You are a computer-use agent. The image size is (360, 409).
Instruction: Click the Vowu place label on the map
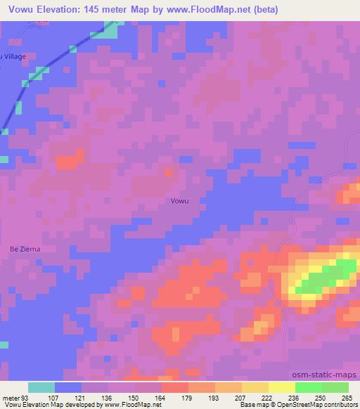click(179, 200)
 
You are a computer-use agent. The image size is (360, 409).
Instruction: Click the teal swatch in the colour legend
click(41, 387)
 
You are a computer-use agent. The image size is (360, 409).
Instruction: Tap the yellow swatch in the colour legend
click(282, 387)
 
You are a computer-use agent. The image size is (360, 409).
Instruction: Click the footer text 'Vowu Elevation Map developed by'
click(52, 405)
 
